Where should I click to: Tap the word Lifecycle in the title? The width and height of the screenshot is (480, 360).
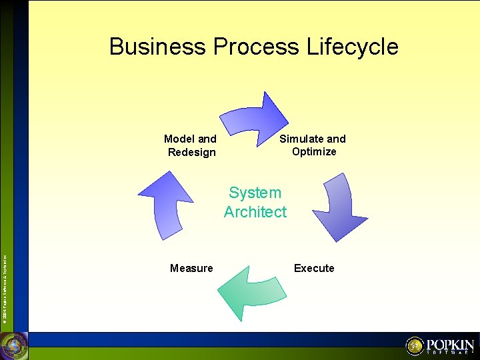coord(353,47)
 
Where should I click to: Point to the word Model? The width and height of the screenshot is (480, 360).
coord(179,139)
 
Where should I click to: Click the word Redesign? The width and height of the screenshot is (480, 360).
coord(192,152)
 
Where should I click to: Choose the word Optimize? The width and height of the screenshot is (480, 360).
coord(314,151)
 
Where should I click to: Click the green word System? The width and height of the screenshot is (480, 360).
coord(255,193)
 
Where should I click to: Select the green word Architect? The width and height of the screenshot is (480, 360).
coord(255,212)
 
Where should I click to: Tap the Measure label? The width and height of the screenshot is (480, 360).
coord(191,268)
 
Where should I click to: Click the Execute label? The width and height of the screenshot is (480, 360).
coord(314,268)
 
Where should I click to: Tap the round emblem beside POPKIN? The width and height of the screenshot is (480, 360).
coord(415,346)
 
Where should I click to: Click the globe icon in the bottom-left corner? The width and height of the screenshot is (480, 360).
coord(13,346)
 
